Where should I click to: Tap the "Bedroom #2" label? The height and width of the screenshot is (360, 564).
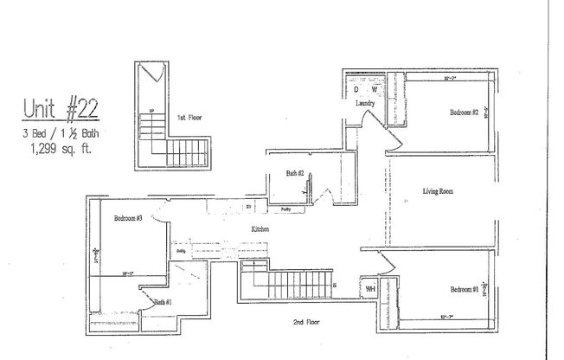tap(464, 112)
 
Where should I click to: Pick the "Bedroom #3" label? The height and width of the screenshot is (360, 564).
tap(127, 219)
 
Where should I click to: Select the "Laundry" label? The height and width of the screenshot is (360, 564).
tap(365, 104)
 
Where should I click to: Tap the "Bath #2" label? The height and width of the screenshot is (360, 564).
tap(295, 174)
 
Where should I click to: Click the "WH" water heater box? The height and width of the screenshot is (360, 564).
tap(369, 287)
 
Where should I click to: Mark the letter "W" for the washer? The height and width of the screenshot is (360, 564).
tap(375, 89)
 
